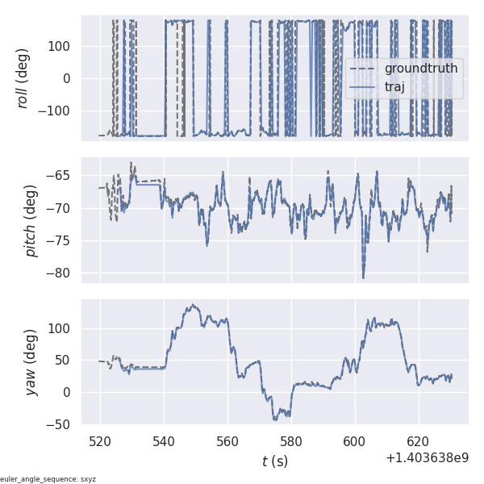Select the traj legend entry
tap(394, 87)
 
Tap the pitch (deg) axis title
tap(31, 220)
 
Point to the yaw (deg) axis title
tap(31, 361)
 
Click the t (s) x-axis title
tap(275, 461)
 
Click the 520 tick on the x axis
tap(101, 442)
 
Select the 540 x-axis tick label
tap(165, 442)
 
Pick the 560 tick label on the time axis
tap(227, 442)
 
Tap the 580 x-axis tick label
tap(291, 442)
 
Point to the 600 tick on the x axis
tap(355, 442)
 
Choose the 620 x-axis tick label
tap(419, 442)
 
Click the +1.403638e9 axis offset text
tap(427, 458)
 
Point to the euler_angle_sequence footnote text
tap(48, 479)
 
